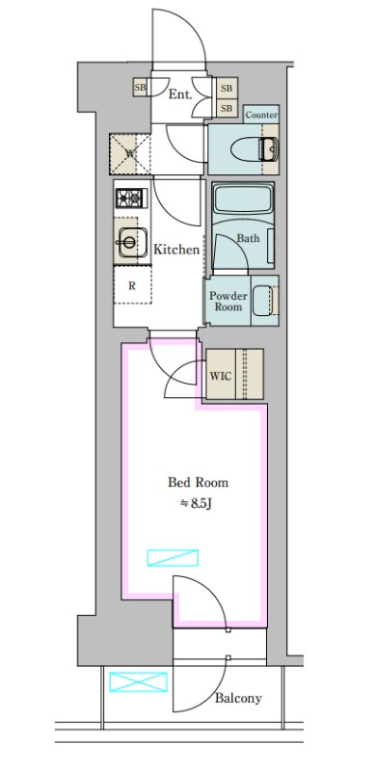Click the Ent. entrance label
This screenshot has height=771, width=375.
point(180,94)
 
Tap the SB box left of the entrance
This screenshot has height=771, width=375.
point(140,88)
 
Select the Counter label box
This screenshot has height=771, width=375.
point(261,115)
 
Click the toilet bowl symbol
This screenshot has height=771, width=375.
point(254,149)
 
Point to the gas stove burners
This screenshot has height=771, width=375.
point(131,199)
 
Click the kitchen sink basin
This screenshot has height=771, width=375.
point(132,242)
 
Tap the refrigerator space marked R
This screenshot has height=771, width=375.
point(132,284)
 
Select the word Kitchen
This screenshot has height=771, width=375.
point(176,250)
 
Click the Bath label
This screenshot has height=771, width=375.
point(248,238)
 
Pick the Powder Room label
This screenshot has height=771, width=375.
point(228,301)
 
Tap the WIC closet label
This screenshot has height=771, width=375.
point(221,376)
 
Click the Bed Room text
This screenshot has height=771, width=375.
point(198,483)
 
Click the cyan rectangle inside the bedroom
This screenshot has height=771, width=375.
point(173,558)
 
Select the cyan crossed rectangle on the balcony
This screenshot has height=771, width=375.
point(138,682)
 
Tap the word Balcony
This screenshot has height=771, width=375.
point(238,698)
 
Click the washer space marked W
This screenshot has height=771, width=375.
point(130,154)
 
